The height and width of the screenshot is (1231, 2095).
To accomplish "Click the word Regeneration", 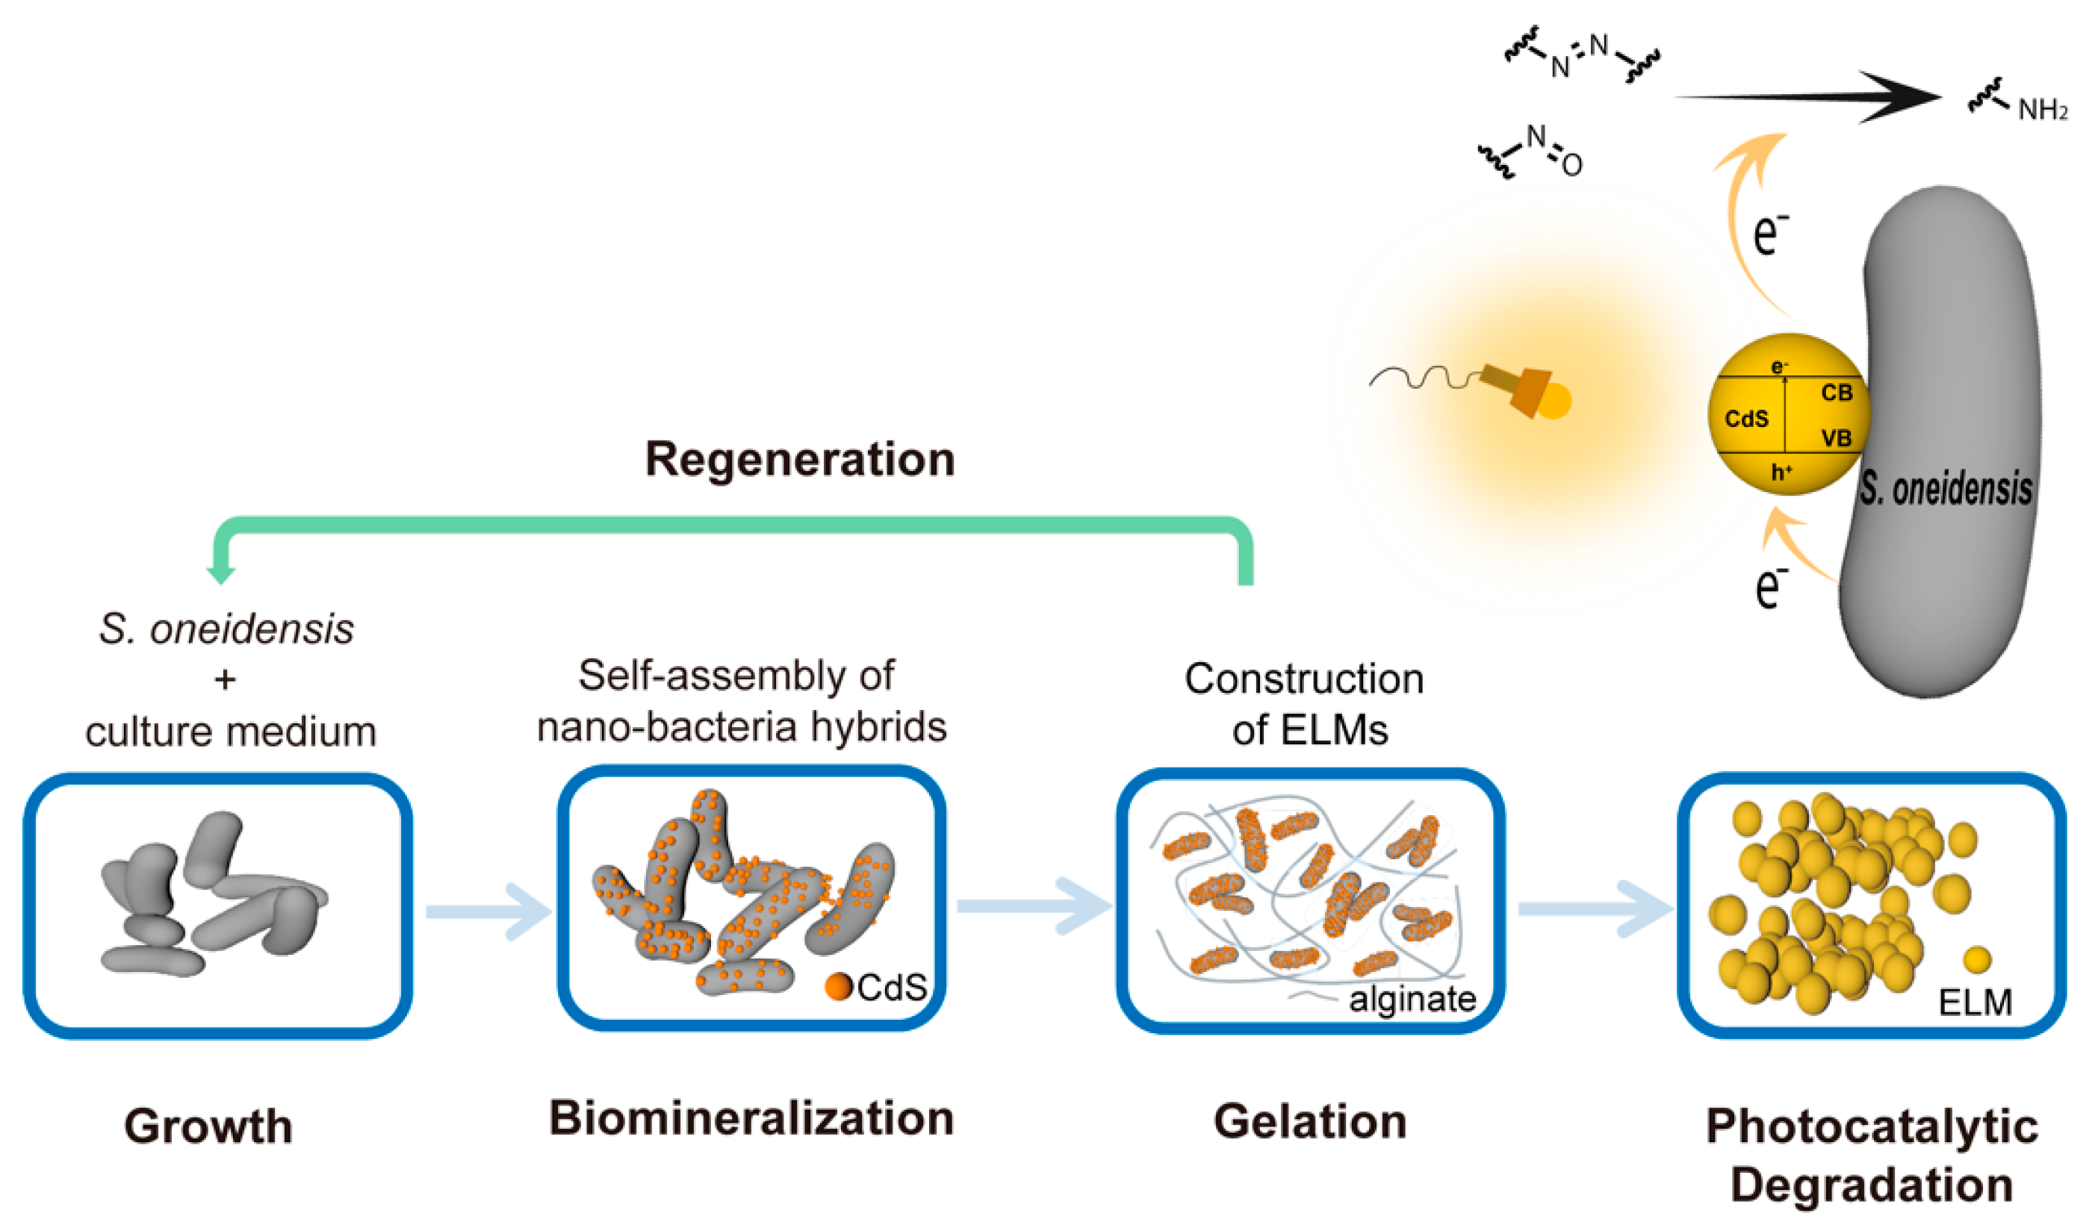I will coord(800,459).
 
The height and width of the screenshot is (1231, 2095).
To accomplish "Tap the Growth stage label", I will coord(208,1126).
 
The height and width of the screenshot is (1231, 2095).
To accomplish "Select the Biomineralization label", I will coord(751,1118).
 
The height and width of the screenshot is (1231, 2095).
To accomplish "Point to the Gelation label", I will coord(1310,1121).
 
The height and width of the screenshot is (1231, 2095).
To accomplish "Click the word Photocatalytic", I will coord(1872,1127).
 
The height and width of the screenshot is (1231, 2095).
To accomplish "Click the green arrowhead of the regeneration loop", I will coord(221,573).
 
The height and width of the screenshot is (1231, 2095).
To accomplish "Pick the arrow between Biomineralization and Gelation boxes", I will coord(1034,907).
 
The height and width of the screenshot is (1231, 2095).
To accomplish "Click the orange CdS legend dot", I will coord(839,987).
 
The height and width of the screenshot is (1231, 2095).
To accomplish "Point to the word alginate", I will coord(1412,998).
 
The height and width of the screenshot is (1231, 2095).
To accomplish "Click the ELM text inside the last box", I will coord(1975,1003).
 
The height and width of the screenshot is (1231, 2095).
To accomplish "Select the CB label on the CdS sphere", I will coord(1837,393).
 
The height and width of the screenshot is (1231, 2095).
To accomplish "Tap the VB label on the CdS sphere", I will coord(1837,438).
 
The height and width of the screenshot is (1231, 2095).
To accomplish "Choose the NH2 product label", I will coord(2043,110).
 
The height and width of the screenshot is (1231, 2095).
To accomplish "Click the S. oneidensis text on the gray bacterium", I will coord(1946,489).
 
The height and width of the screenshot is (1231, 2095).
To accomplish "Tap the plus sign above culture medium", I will coord(225,680).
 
